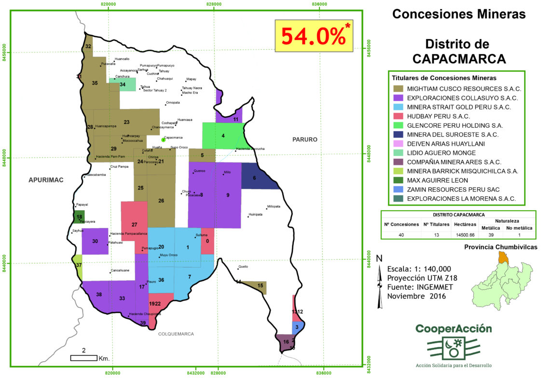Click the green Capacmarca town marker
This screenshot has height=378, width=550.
click(164, 139)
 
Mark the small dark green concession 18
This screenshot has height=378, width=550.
click(79, 217)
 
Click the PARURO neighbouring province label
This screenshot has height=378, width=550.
click(304, 140)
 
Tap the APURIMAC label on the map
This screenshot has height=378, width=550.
click(46, 180)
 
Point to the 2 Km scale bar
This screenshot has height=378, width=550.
click(84, 357)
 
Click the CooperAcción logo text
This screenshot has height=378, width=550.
click(454, 329)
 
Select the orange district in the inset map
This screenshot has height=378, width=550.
click(503, 258)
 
